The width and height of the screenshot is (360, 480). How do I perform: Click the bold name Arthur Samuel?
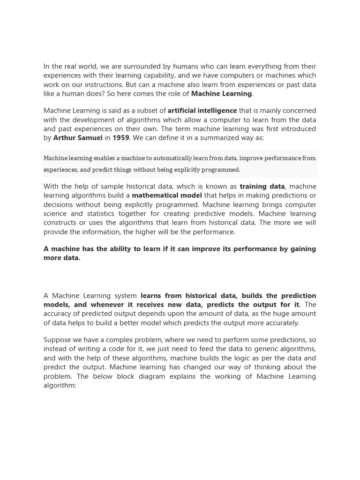coord(77,138)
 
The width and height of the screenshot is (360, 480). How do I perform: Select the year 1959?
coord(120,138)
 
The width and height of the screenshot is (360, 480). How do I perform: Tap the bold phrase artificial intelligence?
coord(202,111)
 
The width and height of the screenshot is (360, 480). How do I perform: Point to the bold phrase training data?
coord(262,187)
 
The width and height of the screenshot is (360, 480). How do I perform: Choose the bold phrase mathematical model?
coord(167,195)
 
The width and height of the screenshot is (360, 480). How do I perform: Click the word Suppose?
coord(58,340)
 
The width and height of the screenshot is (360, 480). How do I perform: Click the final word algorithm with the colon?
coord(60,385)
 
